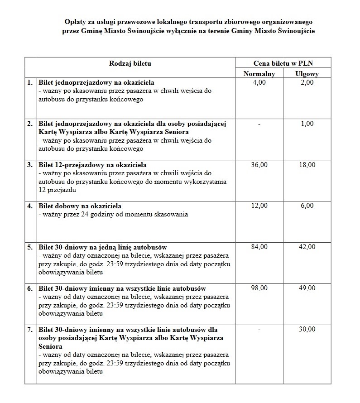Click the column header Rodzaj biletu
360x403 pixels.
130,63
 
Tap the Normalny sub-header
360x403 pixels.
259,74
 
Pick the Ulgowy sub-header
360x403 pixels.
307,74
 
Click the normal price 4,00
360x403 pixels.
259,83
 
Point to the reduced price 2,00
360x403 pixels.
307,83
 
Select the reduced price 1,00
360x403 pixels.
307,124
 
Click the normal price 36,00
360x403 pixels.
259,165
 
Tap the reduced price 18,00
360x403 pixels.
307,165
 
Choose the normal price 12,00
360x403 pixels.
259,206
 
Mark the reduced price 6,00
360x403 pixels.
307,206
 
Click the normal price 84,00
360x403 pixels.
259,247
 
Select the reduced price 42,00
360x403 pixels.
307,247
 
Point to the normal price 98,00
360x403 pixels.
259,288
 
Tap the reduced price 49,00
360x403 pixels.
307,288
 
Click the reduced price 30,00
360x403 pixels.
307,329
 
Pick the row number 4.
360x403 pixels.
30,206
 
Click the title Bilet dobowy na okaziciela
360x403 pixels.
80,206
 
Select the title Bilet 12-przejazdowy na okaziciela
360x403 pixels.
92,165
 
